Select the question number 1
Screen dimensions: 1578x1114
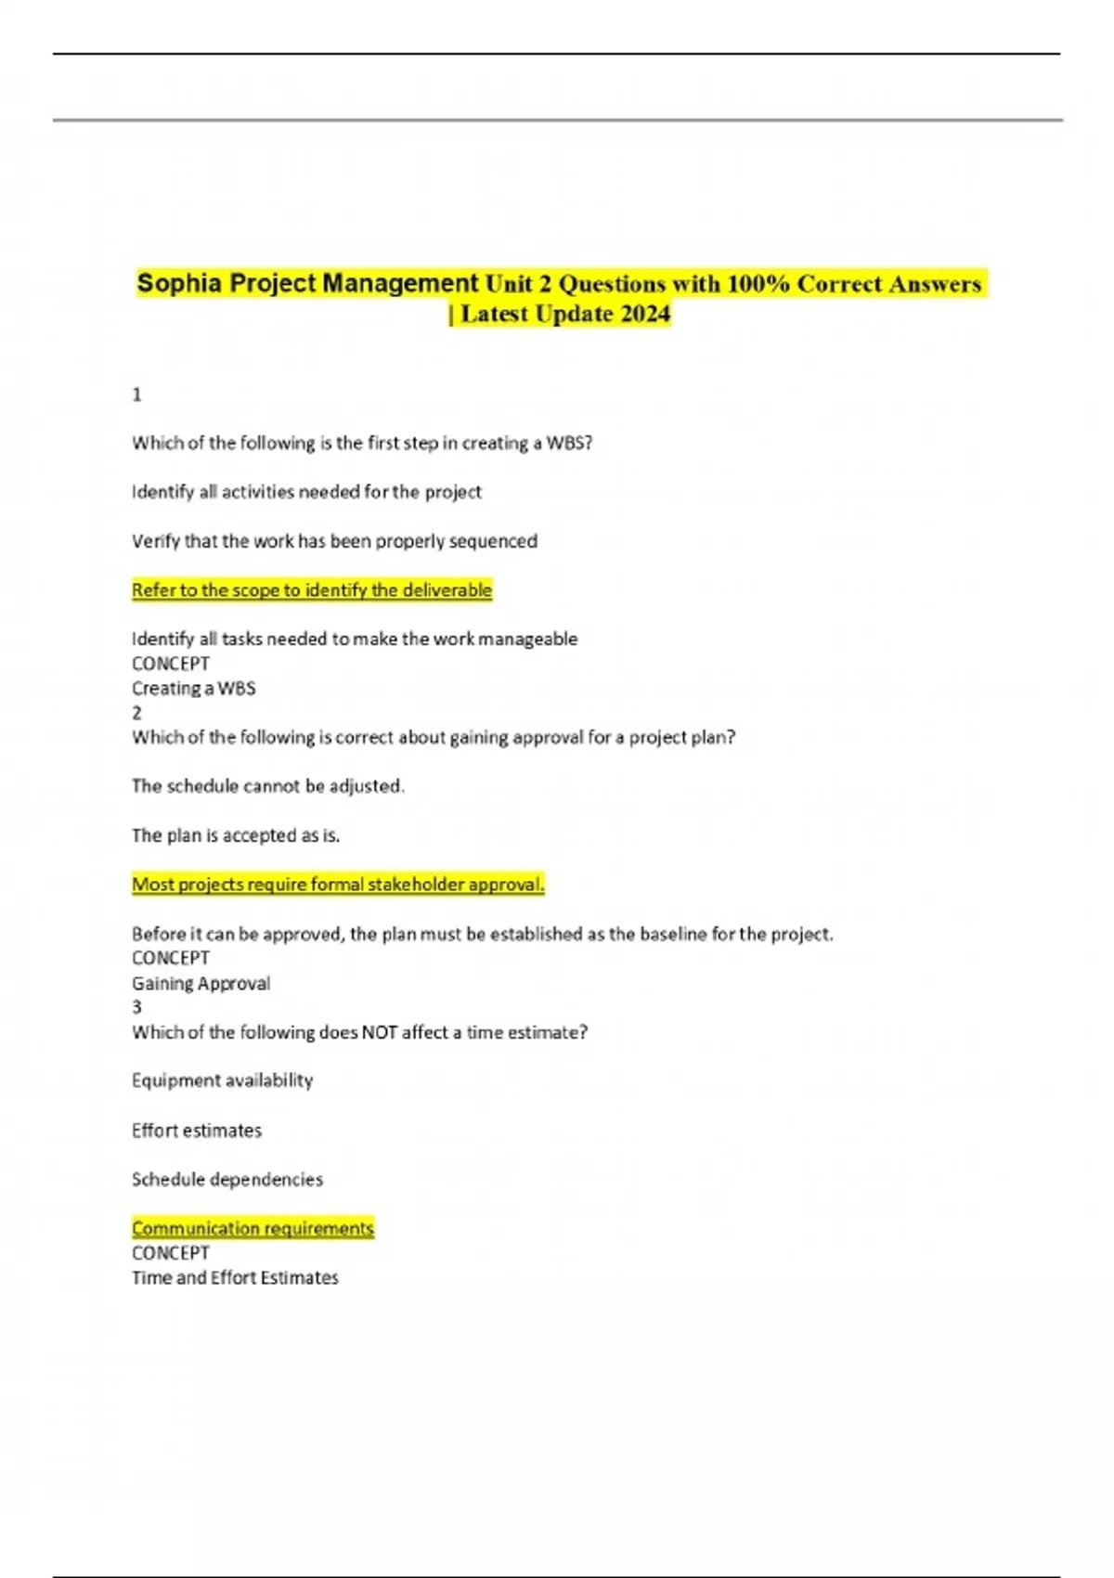(137, 394)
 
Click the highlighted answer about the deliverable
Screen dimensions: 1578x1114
(312, 590)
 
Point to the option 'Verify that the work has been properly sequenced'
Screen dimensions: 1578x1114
(334, 541)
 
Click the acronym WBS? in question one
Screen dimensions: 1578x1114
(569, 443)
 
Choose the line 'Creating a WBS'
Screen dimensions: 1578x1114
(194, 689)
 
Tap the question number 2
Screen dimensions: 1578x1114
(137, 713)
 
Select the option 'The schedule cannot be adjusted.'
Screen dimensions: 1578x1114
(268, 786)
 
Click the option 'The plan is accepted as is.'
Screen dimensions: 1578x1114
(236, 835)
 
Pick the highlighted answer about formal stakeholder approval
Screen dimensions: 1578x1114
(338, 885)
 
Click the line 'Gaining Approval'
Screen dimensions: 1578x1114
(201, 983)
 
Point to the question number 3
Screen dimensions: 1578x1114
(137, 1007)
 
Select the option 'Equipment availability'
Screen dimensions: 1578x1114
(223, 1080)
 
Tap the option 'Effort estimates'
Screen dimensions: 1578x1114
(197, 1131)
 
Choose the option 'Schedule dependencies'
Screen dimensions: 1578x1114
(227, 1180)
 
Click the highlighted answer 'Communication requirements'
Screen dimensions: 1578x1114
(253, 1229)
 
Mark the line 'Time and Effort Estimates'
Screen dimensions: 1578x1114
(235, 1278)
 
